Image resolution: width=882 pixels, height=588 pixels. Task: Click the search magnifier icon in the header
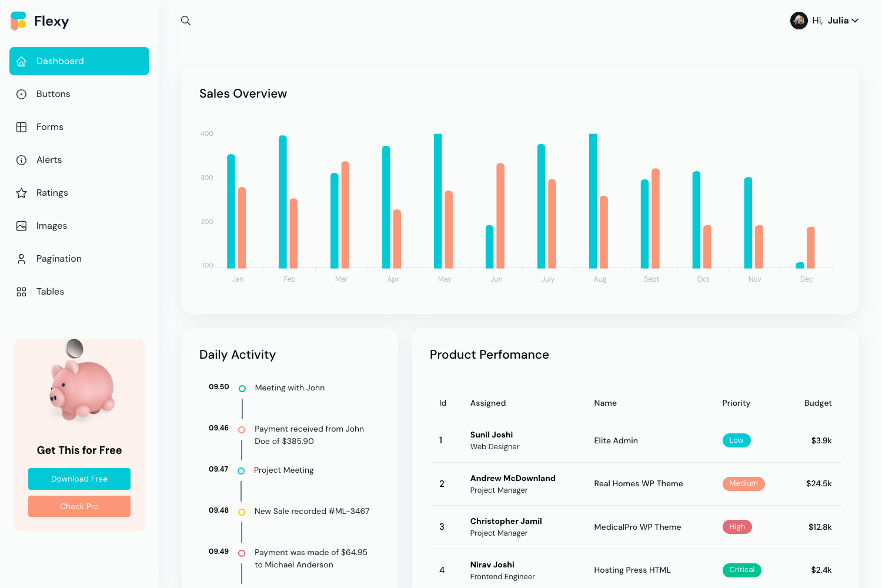186,21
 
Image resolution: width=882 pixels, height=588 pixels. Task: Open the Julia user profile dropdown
824,21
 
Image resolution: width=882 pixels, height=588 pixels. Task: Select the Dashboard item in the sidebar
79,61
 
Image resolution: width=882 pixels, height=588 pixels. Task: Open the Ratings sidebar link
52,193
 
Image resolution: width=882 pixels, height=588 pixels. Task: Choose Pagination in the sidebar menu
59,259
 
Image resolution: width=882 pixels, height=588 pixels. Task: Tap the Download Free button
79,479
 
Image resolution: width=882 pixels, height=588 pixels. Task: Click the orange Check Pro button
79,506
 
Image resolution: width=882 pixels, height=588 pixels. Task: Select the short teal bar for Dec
800,265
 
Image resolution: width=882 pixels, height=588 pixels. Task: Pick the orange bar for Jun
500,216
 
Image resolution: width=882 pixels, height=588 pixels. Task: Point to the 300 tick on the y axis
207,178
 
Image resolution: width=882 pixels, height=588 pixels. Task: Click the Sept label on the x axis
651,279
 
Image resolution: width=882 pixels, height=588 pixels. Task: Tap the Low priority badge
736,440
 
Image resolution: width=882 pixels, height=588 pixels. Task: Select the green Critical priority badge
741,570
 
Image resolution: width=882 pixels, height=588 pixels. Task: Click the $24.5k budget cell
818,483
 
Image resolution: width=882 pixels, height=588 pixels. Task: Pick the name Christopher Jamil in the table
506,521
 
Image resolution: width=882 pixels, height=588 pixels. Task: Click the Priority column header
736,403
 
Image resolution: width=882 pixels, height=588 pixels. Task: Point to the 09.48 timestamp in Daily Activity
219,510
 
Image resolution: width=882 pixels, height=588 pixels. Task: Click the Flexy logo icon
19,21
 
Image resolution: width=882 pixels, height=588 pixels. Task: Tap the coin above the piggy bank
75,348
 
